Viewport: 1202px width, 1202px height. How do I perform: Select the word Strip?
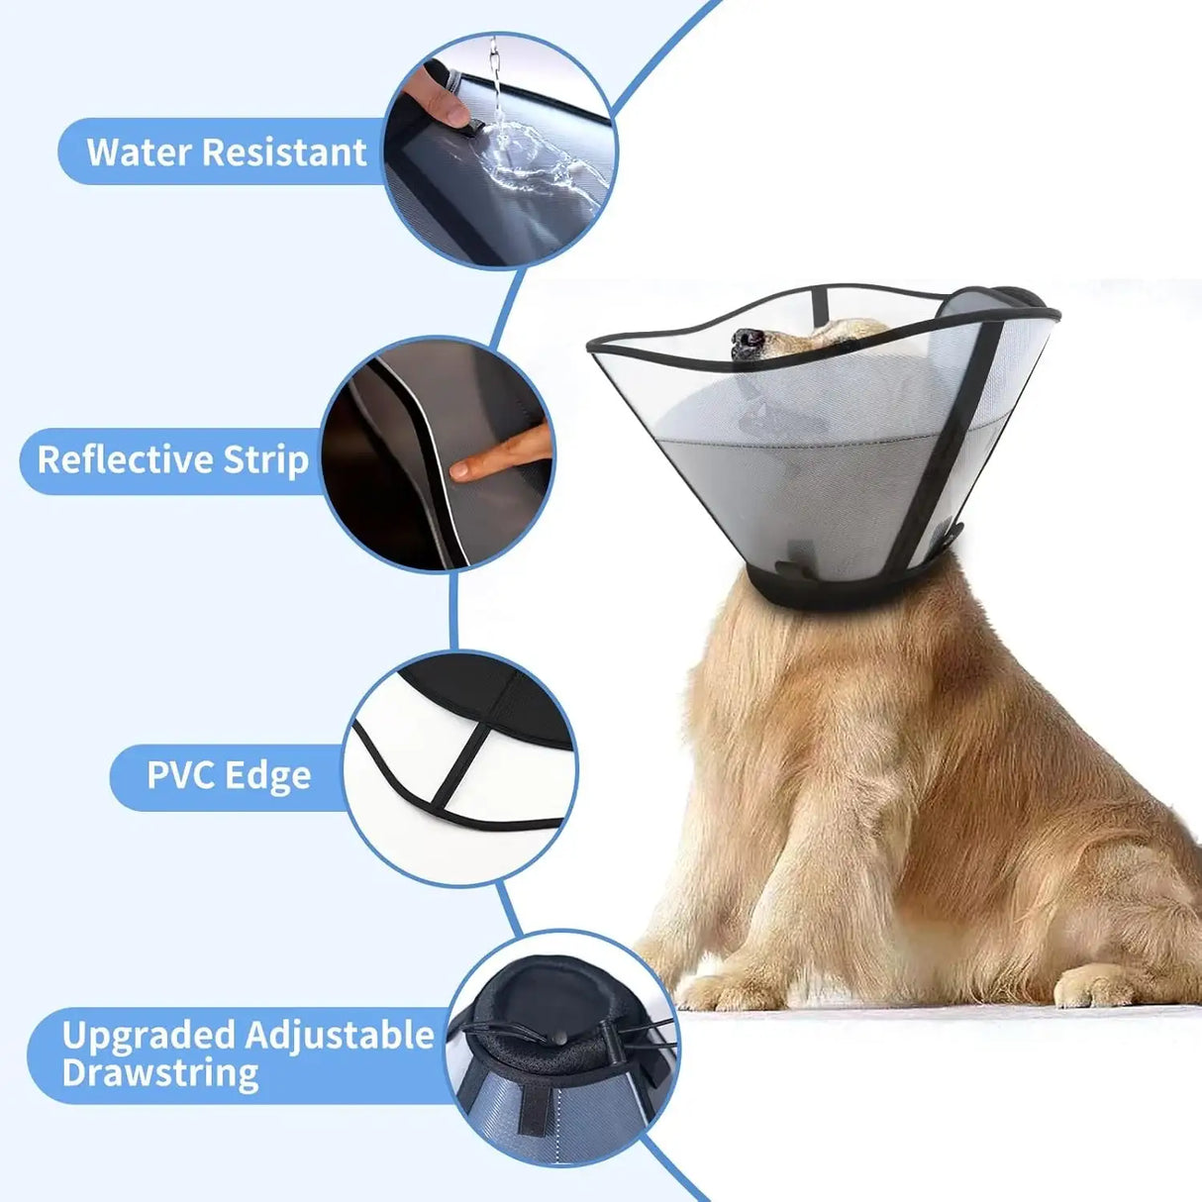point(265,460)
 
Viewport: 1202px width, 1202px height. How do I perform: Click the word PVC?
point(181,775)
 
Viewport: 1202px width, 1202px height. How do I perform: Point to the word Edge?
point(269,775)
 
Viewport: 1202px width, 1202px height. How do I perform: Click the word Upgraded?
point(148,1036)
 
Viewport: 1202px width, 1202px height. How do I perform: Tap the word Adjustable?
point(340,1036)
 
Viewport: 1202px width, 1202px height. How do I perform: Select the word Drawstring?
point(160,1074)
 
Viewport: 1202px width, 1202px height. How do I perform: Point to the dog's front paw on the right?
point(1094,984)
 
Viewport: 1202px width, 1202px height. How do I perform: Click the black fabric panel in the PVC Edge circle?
point(495,693)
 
